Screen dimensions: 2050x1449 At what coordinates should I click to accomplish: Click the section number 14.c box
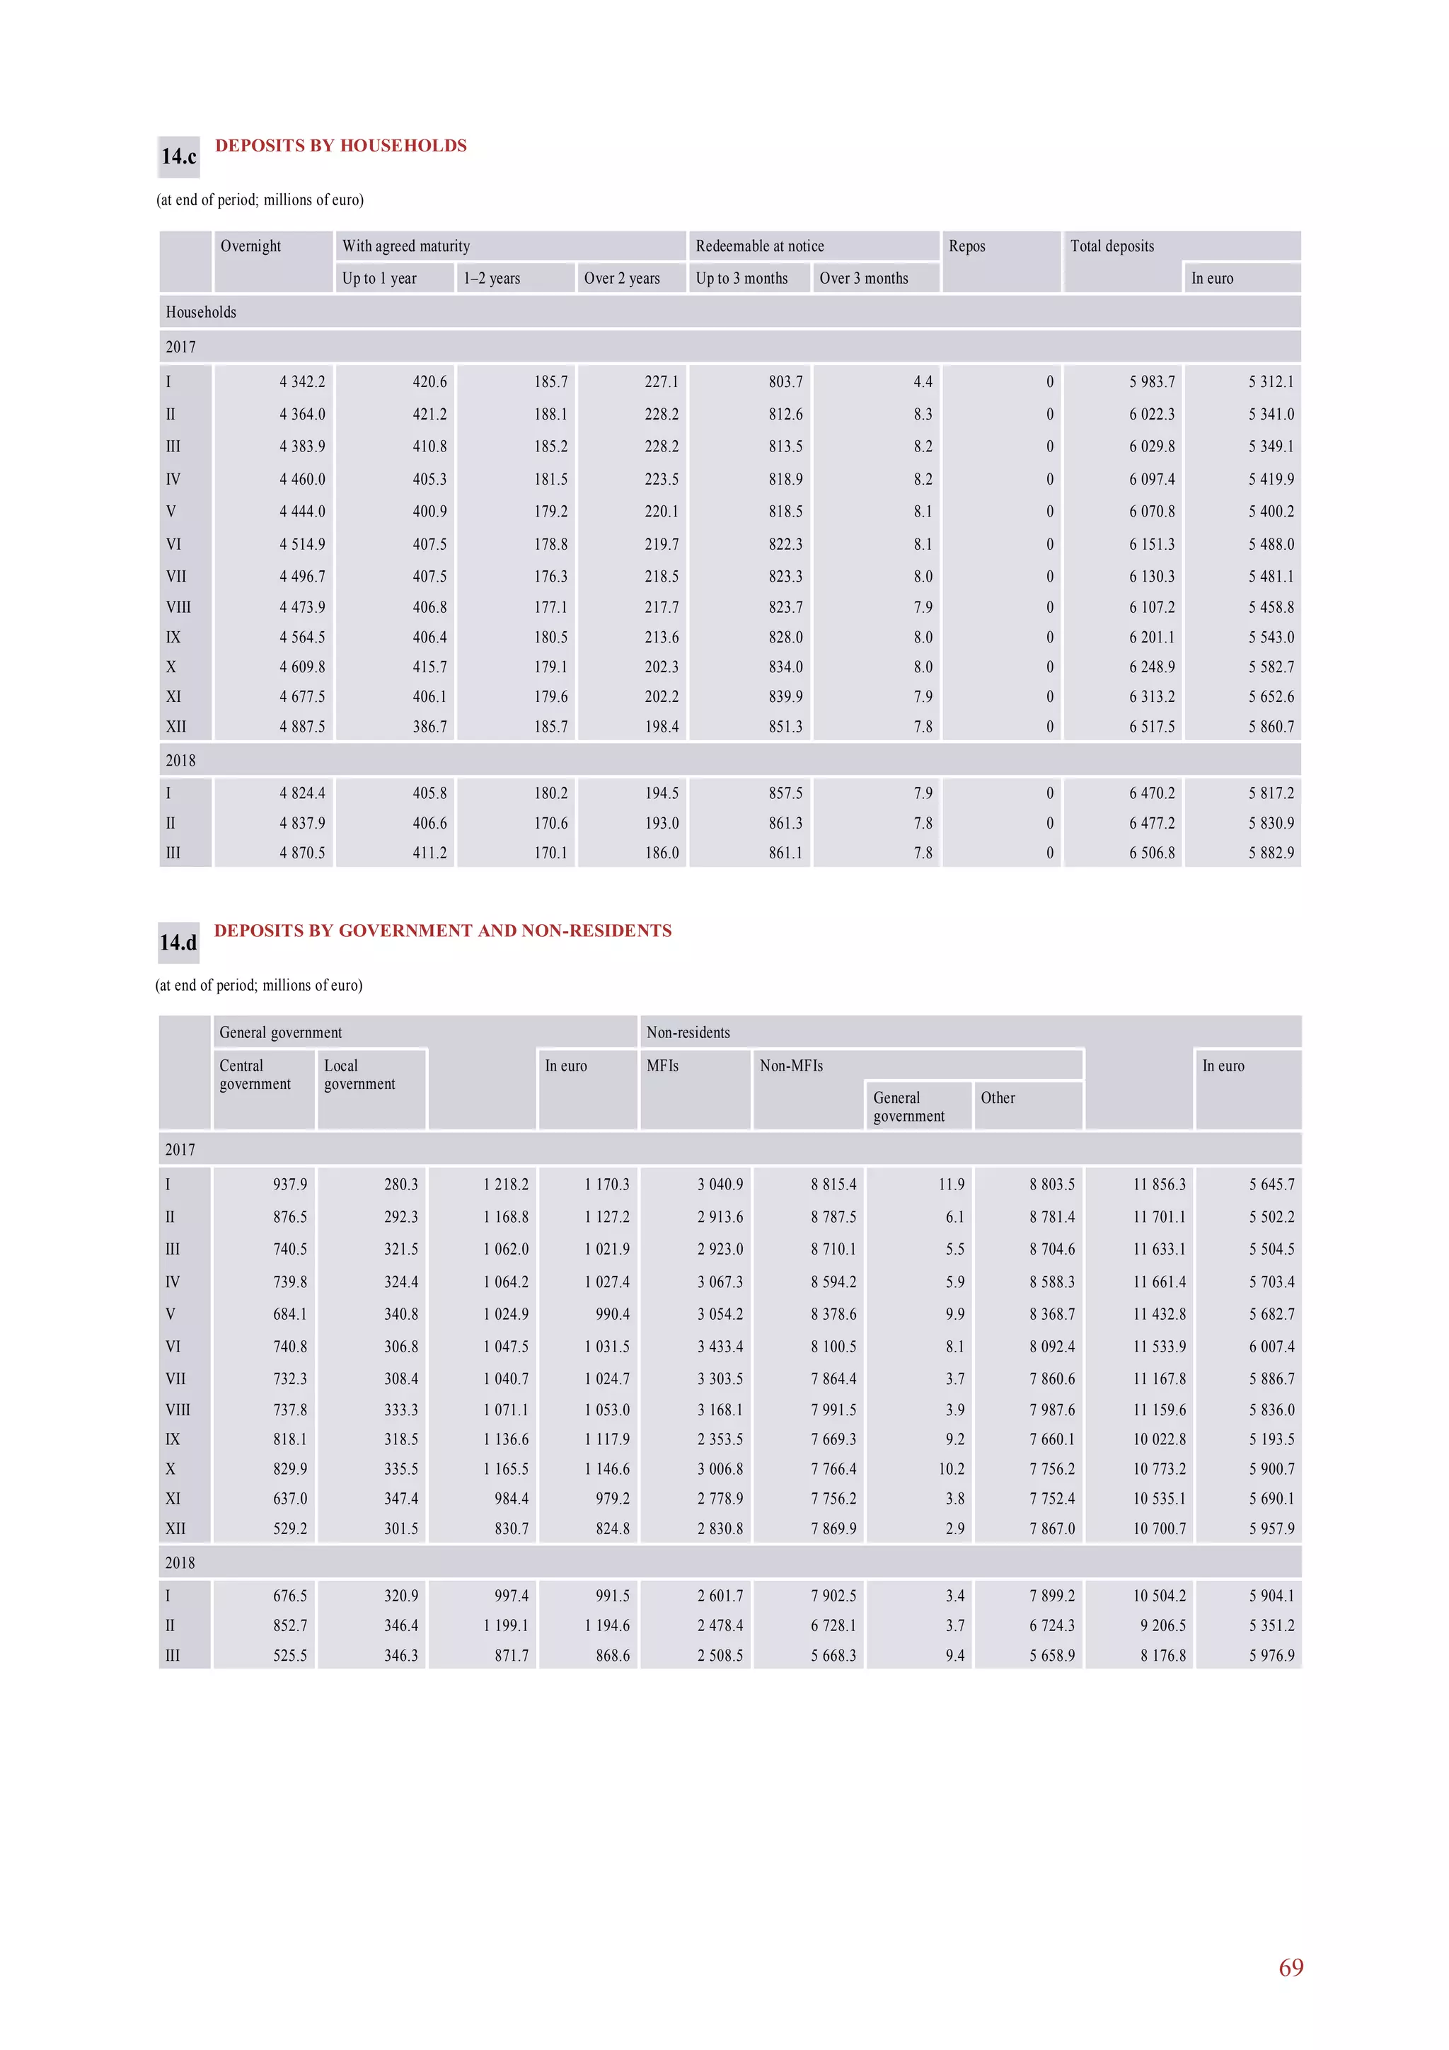point(178,157)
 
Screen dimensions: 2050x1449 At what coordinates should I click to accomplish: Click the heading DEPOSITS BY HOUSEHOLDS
point(340,146)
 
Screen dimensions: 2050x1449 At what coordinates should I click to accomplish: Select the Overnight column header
point(251,246)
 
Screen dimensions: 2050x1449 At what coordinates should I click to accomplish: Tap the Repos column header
point(967,246)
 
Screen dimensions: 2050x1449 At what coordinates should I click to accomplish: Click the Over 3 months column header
point(863,279)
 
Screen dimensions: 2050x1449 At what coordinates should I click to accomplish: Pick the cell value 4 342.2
point(302,382)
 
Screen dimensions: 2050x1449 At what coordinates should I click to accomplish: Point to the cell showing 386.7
point(429,727)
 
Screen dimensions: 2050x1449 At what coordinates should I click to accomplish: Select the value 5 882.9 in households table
point(1271,853)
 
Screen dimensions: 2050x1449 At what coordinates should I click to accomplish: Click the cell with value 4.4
point(923,382)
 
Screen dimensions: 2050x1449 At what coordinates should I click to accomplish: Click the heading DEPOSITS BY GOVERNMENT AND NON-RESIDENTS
point(443,931)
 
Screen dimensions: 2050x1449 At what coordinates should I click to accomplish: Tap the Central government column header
point(255,1074)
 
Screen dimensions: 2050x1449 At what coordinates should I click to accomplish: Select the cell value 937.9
point(290,1184)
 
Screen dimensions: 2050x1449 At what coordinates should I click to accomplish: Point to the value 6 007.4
point(1271,1347)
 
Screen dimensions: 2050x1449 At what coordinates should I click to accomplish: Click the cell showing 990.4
point(613,1313)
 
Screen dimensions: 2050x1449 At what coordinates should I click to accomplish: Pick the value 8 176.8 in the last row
point(1162,1655)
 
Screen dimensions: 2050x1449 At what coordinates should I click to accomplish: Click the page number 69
point(1291,1967)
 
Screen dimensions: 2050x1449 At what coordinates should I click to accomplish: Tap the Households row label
point(201,313)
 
